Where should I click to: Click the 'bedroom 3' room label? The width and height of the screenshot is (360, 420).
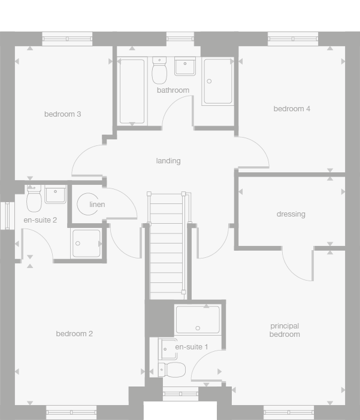pyautogui.click(x=62, y=114)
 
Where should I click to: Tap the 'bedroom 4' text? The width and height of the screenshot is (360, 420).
pyautogui.click(x=292, y=109)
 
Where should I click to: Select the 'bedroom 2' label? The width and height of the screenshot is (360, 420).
pyautogui.click(x=74, y=334)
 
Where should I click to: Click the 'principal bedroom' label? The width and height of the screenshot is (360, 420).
pyautogui.click(x=285, y=330)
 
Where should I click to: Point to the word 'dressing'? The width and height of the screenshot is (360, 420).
pyautogui.click(x=291, y=214)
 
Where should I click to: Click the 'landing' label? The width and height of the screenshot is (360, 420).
pyautogui.click(x=168, y=161)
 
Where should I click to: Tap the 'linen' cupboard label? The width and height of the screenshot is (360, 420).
pyautogui.click(x=97, y=205)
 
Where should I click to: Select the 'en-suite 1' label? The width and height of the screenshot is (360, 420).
pyautogui.click(x=192, y=347)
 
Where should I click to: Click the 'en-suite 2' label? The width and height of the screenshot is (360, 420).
pyautogui.click(x=40, y=220)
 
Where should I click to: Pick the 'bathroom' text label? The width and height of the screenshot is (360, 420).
pyautogui.click(x=173, y=90)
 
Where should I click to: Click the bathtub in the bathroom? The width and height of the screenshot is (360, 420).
pyautogui.click(x=132, y=91)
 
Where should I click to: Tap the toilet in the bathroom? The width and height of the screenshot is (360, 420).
pyautogui.click(x=159, y=71)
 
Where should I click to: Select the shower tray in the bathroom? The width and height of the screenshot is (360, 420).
pyautogui.click(x=217, y=81)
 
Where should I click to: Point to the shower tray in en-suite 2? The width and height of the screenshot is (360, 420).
pyautogui.click(x=86, y=243)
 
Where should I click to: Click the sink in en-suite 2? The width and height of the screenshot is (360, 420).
pyautogui.click(x=56, y=194)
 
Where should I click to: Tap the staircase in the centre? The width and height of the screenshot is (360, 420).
pyautogui.click(x=166, y=245)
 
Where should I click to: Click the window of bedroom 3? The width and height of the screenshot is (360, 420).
pyautogui.click(x=68, y=39)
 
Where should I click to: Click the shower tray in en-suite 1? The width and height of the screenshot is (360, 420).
pyautogui.click(x=198, y=320)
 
